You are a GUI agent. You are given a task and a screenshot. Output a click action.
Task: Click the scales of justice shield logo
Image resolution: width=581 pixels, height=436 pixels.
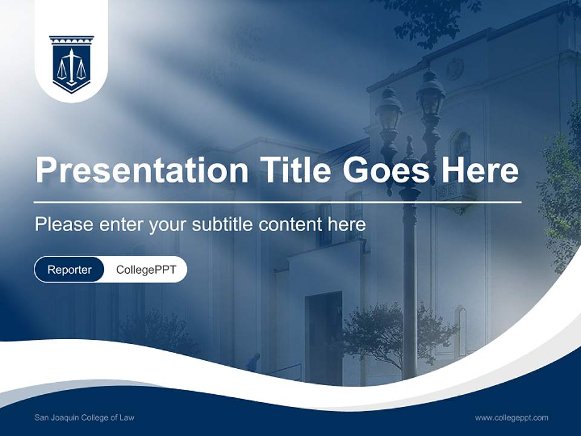coord(71,63)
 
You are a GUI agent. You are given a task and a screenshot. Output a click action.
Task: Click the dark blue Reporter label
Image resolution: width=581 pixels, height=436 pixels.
coord(69,269)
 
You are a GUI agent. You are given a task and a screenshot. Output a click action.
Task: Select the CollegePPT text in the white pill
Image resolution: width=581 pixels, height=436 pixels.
coord(146,269)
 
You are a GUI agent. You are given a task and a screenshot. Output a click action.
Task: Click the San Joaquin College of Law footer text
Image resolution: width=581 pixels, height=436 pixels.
coord(85,417)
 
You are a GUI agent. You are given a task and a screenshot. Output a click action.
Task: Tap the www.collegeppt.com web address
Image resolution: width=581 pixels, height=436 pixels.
coord(511,417)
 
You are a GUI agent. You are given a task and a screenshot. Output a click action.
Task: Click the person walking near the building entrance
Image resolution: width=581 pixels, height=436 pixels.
coord(252,362)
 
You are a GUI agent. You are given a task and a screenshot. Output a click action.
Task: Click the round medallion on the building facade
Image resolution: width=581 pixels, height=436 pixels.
coord(455,69)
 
